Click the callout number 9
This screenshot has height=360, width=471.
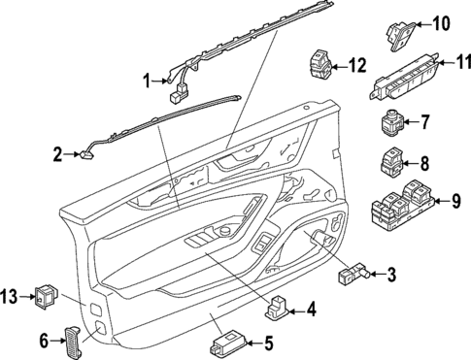tap(454, 202)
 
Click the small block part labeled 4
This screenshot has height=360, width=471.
tap(278, 309)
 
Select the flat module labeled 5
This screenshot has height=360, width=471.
tap(229, 344)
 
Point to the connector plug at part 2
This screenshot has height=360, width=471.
tap(83, 150)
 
